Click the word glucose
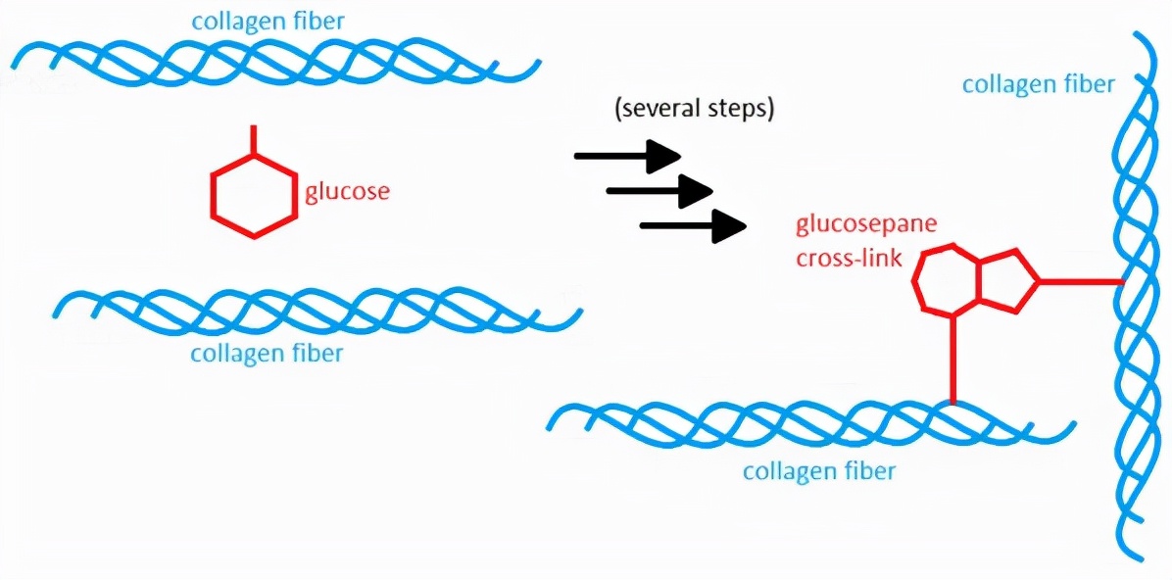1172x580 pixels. point(347,191)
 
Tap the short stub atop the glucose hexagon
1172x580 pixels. point(254,138)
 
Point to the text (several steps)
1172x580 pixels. point(694,109)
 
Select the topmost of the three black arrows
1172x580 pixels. point(627,156)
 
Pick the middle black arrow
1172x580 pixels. point(659,190)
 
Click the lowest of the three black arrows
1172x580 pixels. point(693,226)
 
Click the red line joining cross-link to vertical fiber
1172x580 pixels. point(1080,282)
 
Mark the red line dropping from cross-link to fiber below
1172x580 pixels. point(952,358)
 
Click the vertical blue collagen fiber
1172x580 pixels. point(1137,294)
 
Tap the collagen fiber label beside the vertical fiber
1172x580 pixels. point(1038,85)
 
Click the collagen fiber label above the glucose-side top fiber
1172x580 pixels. point(268,21)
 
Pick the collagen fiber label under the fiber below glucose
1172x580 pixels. point(268,353)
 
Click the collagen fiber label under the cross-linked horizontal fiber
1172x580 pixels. point(819,471)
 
